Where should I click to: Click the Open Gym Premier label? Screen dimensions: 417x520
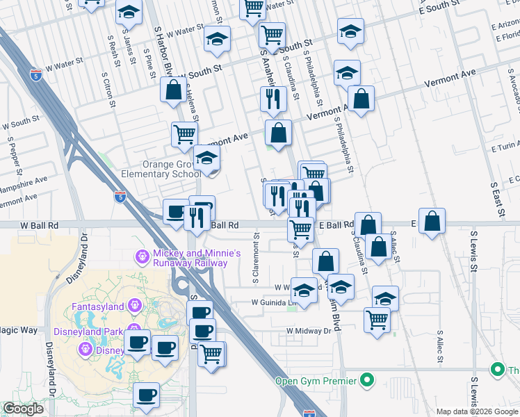click(x=315, y=381)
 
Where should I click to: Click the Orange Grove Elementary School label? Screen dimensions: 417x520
click(x=161, y=170)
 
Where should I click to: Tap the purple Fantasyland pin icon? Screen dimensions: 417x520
click(x=135, y=306)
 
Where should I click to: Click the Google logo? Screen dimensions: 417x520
click(x=23, y=409)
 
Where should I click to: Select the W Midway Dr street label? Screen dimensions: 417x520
click(x=309, y=332)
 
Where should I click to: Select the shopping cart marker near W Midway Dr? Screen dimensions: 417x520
click(x=377, y=320)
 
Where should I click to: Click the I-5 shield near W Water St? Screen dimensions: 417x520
click(x=35, y=74)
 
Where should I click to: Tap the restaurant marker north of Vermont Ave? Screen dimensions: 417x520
click(x=273, y=99)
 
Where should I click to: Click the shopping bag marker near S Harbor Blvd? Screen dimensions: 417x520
click(x=172, y=90)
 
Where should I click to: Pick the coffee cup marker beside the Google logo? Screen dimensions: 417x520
click(x=146, y=395)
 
